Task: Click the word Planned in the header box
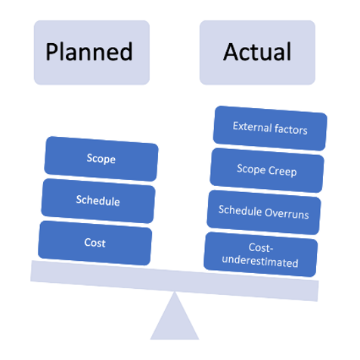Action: point(89,52)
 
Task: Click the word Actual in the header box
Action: point(257,51)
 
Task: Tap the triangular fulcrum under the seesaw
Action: point(175,316)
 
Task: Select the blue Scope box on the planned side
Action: point(101,159)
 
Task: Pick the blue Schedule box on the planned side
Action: point(98,201)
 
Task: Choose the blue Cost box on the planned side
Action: point(95,243)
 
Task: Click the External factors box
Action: point(270,129)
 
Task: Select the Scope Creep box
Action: point(267,170)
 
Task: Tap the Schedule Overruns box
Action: point(264,213)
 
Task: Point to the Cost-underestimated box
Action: point(261,255)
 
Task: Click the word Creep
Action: point(282,171)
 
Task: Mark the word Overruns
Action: point(287,214)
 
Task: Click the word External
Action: point(252,126)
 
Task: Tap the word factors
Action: point(291,129)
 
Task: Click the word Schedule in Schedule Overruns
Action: point(241,210)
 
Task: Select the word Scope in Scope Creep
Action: point(251,169)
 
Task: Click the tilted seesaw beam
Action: point(174,281)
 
